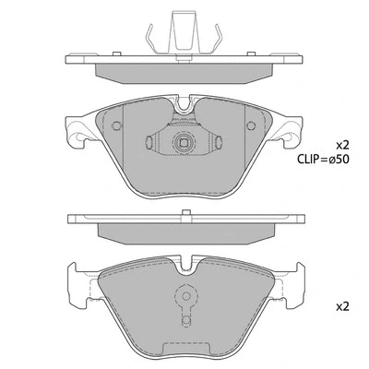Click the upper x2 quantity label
(342, 145)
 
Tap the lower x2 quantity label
(342, 305)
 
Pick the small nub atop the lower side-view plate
(184, 216)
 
